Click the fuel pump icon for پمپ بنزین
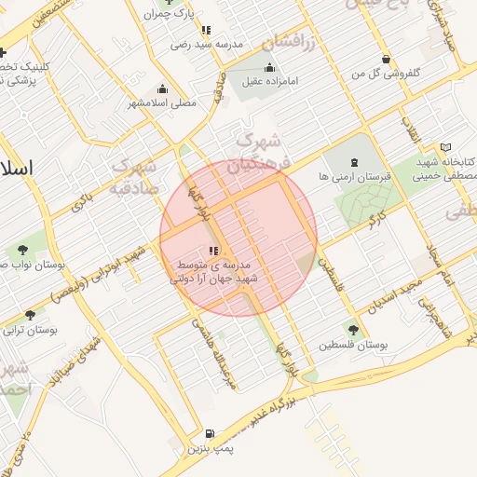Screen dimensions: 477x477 click(210, 433)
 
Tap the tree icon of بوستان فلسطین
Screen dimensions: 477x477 click(352, 328)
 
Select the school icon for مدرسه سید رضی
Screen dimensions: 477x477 click(206, 30)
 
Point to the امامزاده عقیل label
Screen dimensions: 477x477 click(270, 81)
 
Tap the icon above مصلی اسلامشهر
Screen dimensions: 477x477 click(163, 89)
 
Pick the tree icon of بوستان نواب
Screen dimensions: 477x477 click(20, 250)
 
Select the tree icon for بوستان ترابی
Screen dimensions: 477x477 click(31, 315)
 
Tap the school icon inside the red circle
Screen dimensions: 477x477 click(214, 251)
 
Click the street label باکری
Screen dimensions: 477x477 click(84, 198)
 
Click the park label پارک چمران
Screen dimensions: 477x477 click(171, 15)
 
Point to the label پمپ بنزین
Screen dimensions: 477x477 click(209, 450)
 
